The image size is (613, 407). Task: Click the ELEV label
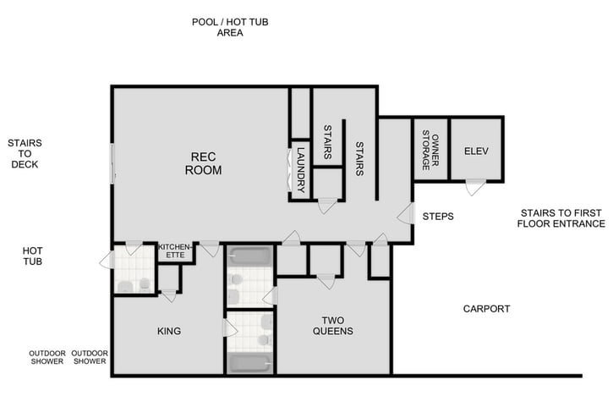pos(477,151)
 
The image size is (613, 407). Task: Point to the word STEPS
pos(438,217)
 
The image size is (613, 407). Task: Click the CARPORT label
pos(486,309)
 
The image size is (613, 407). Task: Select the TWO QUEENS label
pos(331,326)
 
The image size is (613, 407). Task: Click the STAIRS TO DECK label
pos(25,153)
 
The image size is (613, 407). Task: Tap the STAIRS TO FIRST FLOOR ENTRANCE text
pos(561,218)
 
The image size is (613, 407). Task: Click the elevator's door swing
pos(475,187)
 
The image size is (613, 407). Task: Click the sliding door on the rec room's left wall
pos(112,162)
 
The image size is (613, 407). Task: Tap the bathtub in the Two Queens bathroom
pos(250,256)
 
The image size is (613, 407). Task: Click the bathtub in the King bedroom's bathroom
pos(250,363)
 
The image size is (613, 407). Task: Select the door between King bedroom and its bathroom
pos(228,328)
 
